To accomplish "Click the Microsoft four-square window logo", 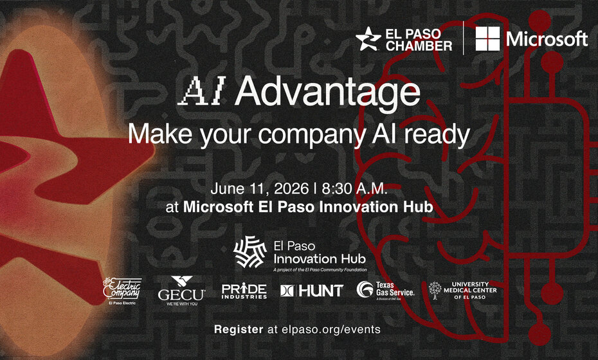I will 488,39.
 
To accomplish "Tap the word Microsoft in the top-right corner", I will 547,39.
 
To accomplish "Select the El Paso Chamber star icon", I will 368,39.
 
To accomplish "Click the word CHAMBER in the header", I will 420,46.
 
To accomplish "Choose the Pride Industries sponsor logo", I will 244,291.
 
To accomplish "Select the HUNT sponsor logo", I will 312,291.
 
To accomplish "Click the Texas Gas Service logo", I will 386,290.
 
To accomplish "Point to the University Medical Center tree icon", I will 436,290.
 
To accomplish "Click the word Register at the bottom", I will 239,329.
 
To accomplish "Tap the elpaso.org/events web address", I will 323,329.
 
